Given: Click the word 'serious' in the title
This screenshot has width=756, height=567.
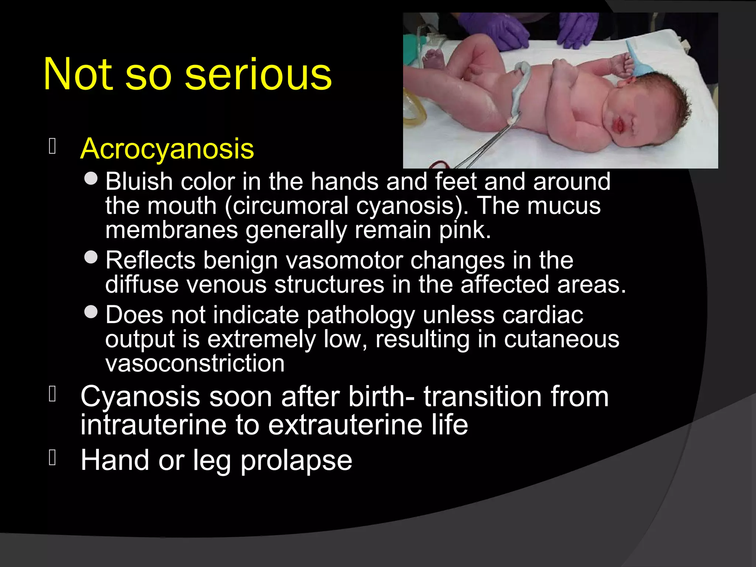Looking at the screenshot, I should point(258,75).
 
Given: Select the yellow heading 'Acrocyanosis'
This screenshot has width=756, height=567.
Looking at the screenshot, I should point(167,149).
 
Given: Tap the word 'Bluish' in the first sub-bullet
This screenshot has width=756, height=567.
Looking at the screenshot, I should point(139,182).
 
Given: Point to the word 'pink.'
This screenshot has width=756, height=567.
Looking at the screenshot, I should point(465,230).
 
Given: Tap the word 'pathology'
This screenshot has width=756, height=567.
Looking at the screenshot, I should point(361,316).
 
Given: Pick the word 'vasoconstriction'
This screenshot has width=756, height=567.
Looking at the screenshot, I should point(195,364).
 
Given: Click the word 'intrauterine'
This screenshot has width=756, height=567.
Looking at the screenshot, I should point(153,425).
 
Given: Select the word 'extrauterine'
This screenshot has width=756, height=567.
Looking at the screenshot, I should point(345,425).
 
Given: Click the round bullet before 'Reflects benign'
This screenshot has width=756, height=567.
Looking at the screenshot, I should point(91,257).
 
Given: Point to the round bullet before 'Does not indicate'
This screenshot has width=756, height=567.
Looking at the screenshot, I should point(91,312).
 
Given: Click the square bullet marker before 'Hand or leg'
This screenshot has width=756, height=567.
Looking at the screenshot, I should point(52,458).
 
